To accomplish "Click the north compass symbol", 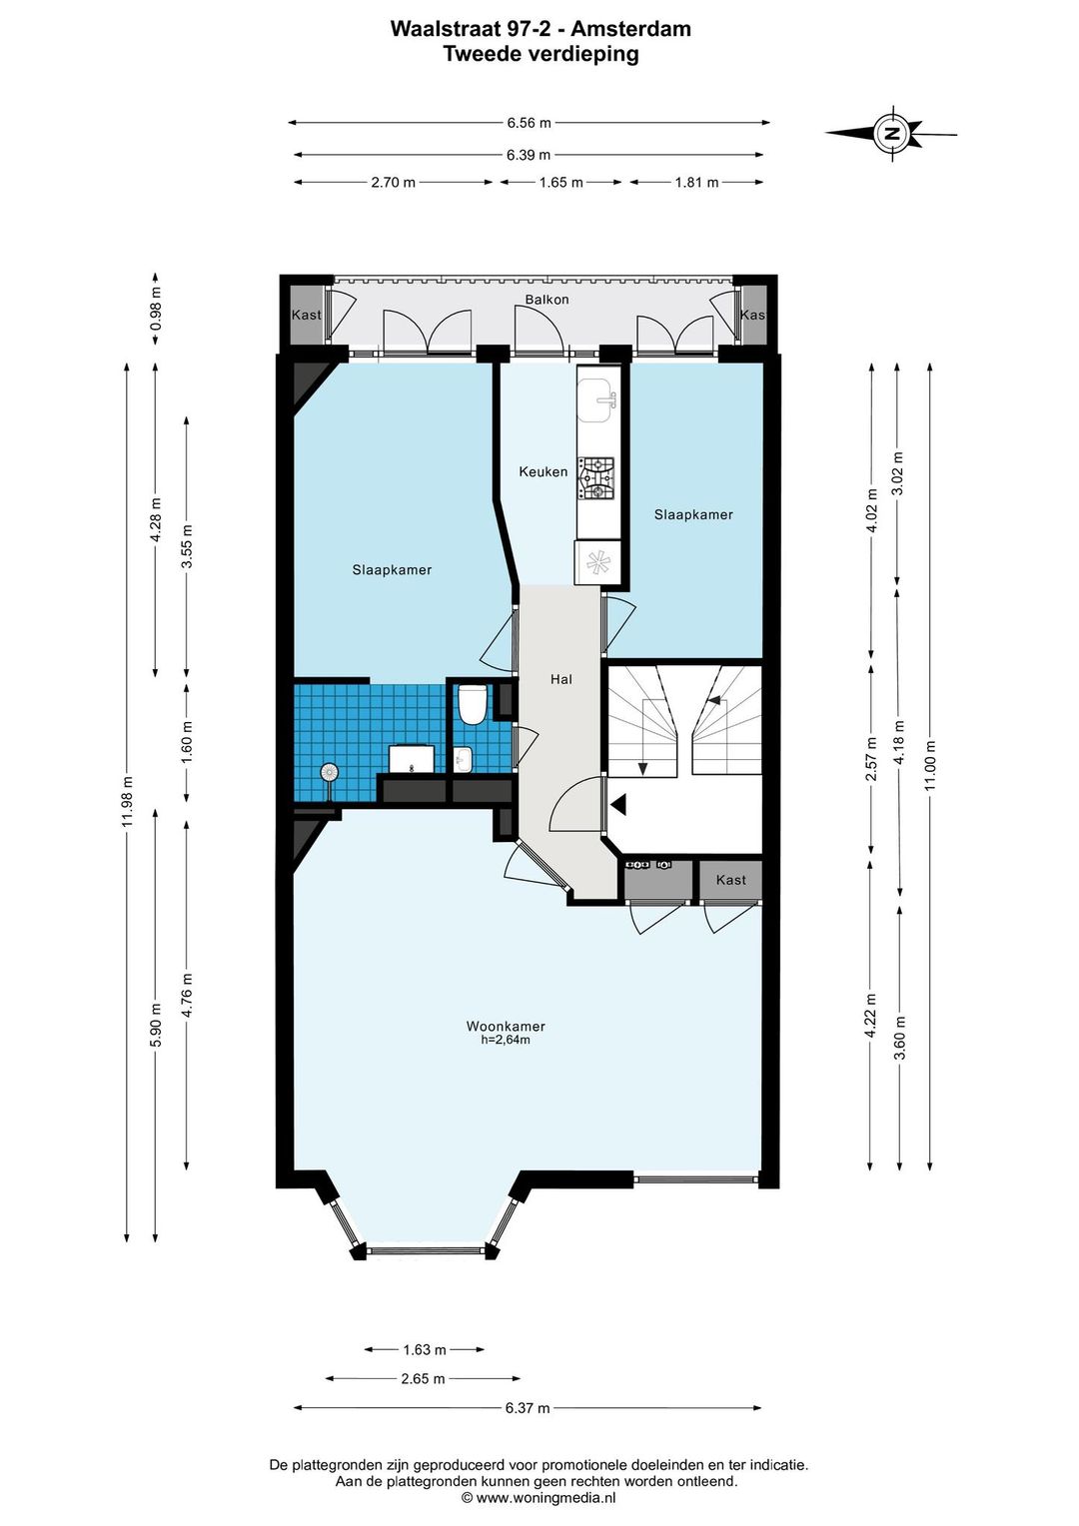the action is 890,133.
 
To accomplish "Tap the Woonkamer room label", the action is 506,1026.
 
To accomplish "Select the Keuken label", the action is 542,471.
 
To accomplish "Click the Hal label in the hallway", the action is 560,678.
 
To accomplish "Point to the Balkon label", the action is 546,299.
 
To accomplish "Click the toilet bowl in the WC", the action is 472,704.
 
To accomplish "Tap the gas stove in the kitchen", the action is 596,477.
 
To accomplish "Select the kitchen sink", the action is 597,399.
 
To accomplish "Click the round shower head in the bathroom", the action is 330,773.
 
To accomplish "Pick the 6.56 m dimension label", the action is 529,123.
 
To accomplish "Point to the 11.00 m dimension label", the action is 930,764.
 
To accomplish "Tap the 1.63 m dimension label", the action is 424,1349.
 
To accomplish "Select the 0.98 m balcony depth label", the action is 156,309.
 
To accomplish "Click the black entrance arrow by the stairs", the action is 618,805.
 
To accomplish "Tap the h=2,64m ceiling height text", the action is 506,1041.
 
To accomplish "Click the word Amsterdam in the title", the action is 630,29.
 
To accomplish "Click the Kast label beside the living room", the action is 730,880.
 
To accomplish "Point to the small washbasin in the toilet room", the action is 463,760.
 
